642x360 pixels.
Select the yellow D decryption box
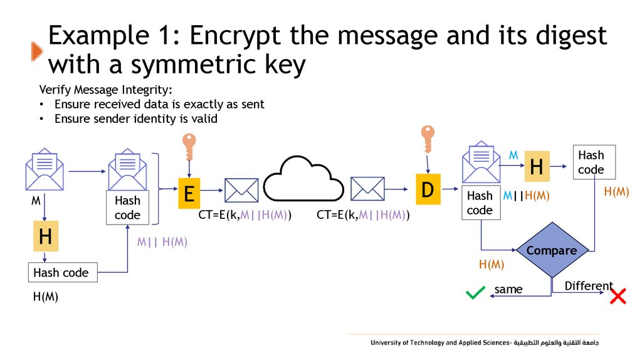(428, 189)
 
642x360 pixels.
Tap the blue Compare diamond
(551, 250)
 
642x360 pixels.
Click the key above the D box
(428, 139)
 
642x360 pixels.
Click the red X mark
(618, 296)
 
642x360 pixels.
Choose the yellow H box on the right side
(536, 167)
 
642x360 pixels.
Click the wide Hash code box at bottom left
(63, 273)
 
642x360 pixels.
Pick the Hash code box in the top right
(594, 162)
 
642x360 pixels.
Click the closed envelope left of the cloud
(241, 189)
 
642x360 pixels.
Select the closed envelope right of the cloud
(367, 188)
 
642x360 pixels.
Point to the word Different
(589, 286)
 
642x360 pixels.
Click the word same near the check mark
(508, 289)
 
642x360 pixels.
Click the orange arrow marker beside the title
(37, 51)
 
